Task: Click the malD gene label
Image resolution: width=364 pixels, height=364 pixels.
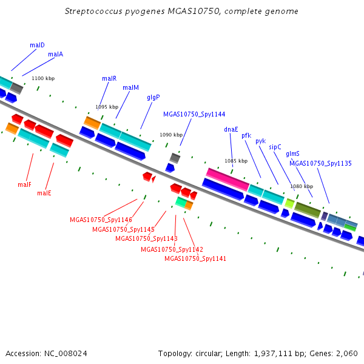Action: pos(37,45)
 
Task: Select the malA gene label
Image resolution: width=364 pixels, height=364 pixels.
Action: pos(55,54)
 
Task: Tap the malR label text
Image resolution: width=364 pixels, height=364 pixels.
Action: pos(109,78)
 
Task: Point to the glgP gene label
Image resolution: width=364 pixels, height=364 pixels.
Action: pos(153,98)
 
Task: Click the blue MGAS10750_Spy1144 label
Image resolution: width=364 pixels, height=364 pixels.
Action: pos(194,114)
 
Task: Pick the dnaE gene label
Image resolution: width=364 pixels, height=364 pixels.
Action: pos(231,129)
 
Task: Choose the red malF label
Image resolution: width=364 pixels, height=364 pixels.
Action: pos(24,184)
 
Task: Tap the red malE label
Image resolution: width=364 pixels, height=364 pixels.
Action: pos(44,193)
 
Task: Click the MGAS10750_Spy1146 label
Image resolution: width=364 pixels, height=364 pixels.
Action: pos(101,220)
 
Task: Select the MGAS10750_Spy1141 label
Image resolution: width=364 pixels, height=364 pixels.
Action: pos(195,258)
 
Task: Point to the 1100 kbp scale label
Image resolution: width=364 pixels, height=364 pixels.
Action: pos(43,78)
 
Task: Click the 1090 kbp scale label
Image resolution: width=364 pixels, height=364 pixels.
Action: pos(171,135)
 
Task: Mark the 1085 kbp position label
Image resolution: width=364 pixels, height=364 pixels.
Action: pos(236,161)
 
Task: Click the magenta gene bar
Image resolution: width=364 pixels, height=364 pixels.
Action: pos(227,180)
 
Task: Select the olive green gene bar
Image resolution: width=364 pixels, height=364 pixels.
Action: pos(308,210)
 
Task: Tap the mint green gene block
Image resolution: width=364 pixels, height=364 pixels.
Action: pos(181,202)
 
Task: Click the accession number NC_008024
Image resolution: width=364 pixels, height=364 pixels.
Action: pos(66,354)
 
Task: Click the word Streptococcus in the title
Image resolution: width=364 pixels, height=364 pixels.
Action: pos(93,11)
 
